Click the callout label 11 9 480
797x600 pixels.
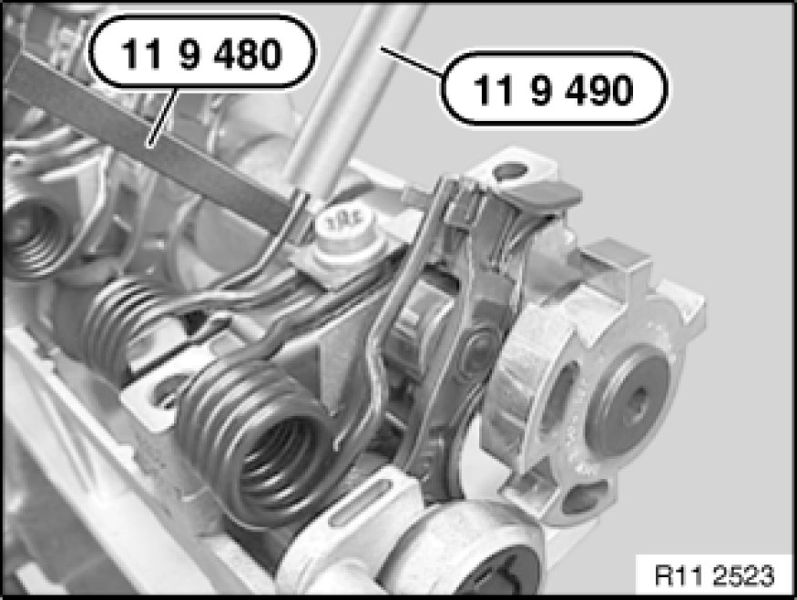tap(202, 53)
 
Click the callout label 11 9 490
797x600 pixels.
tap(554, 89)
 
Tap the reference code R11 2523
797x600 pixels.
tap(715, 575)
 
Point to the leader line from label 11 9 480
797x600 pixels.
tap(163, 117)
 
